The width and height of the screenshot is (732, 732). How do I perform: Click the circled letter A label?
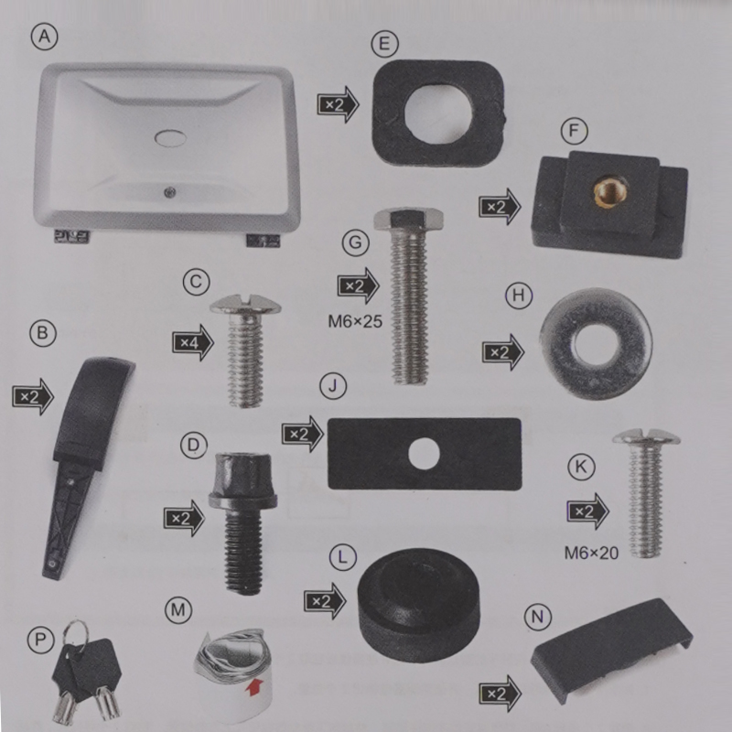click(44, 37)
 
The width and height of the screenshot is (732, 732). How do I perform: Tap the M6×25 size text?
click(355, 321)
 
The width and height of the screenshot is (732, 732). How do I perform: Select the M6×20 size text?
click(591, 554)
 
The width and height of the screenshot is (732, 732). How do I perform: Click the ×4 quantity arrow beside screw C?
click(193, 342)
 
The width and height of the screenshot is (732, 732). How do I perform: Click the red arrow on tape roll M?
click(253, 687)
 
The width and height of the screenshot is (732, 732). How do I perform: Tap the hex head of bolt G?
click(408, 219)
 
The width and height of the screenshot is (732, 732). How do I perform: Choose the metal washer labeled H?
click(596, 344)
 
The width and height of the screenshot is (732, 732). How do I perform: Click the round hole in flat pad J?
click(424, 454)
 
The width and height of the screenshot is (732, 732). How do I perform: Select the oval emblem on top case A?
click(170, 138)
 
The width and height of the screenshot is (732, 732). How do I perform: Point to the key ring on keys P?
click(76, 633)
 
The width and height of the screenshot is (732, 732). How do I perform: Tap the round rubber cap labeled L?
click(419, 605)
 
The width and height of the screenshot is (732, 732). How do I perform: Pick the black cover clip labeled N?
click(611, 651)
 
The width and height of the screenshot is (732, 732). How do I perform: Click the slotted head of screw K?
click(647, 437)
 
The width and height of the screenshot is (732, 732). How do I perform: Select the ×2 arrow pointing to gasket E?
click(338, 104)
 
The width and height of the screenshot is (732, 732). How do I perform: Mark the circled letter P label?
click(40, 640)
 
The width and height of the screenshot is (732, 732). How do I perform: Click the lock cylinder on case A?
click(169, 191)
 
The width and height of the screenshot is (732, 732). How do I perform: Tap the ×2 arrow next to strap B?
click(33, 397)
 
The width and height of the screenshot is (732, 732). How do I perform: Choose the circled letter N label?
click(538, 617)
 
